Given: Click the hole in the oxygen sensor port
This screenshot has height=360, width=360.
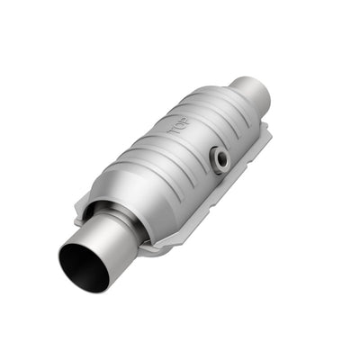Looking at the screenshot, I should tap(220, 161).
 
